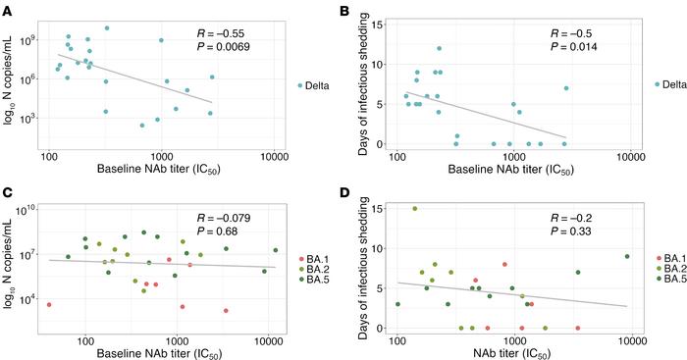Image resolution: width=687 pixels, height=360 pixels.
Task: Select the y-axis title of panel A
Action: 9,80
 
